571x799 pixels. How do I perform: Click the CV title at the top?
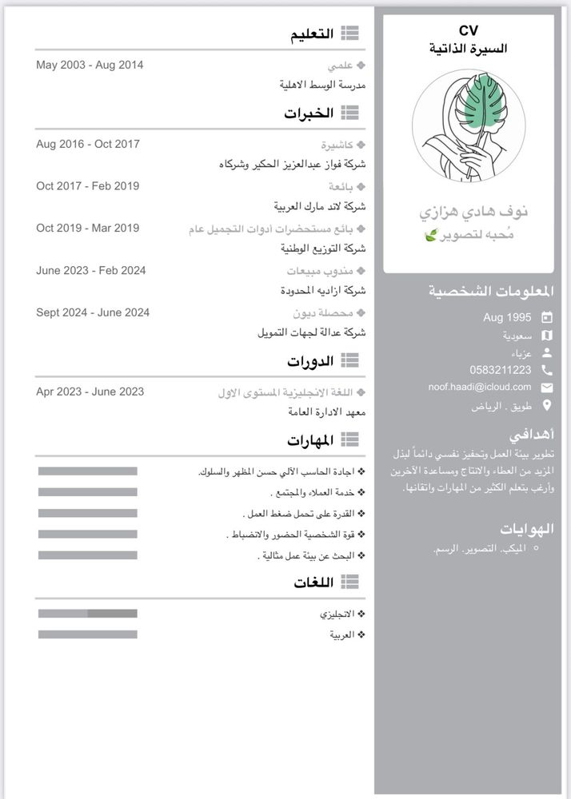pyautogui.click(x=469, y=30)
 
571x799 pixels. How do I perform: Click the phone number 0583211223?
pyautogui.click(x=501, y=370)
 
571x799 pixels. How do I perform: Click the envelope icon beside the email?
pyautogui.click(x=547, y=388)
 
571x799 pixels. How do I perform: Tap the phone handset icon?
pyautogui.click(x=547, y=370)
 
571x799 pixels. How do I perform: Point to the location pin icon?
pyautogui.click(x=547, y=406)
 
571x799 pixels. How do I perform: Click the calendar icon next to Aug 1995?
pyautogui.click(x=547, y=317)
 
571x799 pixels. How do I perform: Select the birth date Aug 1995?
pyautogui.click(x=507, y=317)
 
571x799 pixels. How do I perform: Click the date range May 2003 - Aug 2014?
pyautogui.click(x=90, y=65)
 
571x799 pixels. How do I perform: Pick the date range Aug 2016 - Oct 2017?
pyautogui.click(x=88, y=144)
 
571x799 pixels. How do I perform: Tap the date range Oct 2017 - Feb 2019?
pyautogui.click(x=88, y=186)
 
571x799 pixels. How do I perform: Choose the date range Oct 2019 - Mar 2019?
pyautogui.click(x=88, y=229)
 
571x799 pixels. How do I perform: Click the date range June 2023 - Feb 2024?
pyautogui.click(x=91, y=271)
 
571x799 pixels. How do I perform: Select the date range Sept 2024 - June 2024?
pyautogui.click(x=93, y=312)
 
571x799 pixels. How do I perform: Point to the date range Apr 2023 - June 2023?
pyautogui.click(x=90, y=392)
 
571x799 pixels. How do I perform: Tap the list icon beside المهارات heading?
pyautogui.click(x=349, y=439)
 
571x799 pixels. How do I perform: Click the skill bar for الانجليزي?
pyautogui.click(x=88, y=614)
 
